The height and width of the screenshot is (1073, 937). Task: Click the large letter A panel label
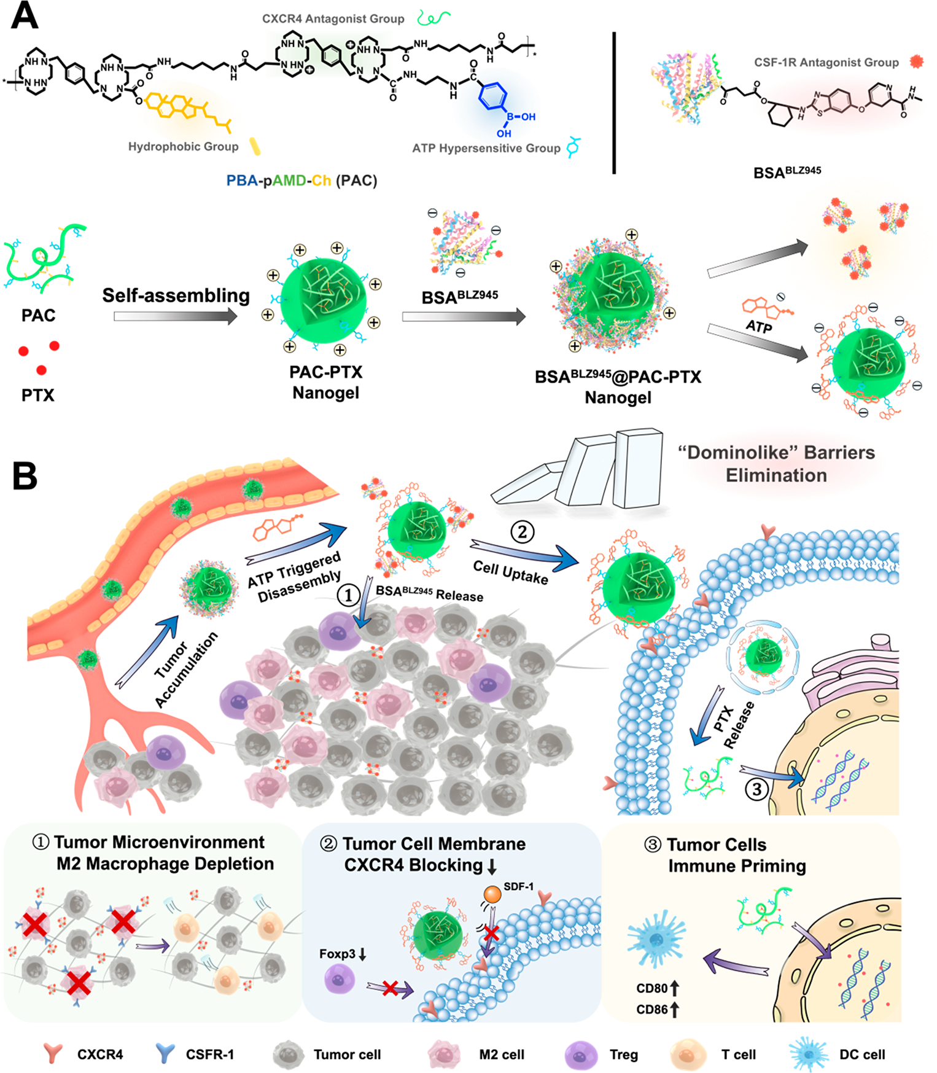click(25, 17)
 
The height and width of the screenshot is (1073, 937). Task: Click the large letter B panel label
click(25, 476)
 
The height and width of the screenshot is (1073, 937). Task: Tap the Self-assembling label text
click(176, 295)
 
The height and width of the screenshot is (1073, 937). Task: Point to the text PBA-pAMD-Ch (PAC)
click(301, 181)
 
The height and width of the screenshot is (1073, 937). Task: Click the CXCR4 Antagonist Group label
click(333, 19)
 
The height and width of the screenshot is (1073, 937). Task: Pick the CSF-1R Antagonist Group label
click(826, 63)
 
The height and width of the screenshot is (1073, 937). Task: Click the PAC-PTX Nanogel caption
click(325, 382)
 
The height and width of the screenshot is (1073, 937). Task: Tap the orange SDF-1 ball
click(492, 893)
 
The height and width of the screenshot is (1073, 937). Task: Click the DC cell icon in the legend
click(809, 1055)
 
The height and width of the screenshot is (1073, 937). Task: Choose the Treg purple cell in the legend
click(580, 1055)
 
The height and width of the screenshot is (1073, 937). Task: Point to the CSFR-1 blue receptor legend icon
click(165, 1054)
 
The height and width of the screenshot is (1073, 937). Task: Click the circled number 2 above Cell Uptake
click(522, 532)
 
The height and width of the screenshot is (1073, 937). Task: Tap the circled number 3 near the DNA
click(756, 789)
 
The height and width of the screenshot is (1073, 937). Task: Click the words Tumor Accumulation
click(185, 669)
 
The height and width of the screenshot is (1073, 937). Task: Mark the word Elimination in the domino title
click(776, 475)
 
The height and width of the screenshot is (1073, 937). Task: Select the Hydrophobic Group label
click(183, 147)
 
